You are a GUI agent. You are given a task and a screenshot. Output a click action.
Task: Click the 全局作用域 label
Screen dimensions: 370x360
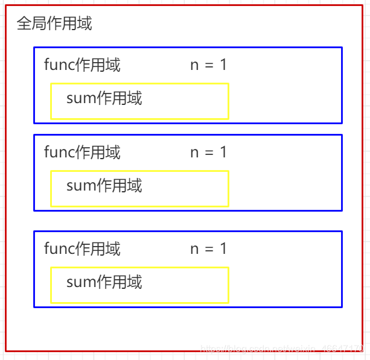[54, 24]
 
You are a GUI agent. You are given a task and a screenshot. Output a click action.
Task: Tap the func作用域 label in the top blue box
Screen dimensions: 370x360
[82, 65]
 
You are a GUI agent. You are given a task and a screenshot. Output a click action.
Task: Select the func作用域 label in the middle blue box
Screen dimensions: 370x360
[82, 152]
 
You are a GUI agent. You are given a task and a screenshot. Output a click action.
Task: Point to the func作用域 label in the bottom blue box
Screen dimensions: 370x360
[82, 248]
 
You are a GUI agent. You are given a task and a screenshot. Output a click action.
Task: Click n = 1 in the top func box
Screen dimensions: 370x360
[208, 65]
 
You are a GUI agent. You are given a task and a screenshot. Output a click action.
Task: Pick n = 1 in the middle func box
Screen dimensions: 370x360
[208, 152]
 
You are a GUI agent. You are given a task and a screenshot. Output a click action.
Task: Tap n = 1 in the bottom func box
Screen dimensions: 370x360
[208, 248]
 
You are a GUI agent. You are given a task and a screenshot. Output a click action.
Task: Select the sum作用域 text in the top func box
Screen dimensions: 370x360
[104, 98]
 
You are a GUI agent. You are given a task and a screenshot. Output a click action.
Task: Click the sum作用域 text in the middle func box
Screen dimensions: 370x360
[104, 185]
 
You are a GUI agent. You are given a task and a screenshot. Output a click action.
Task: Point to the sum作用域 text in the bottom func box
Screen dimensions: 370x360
[104, 282]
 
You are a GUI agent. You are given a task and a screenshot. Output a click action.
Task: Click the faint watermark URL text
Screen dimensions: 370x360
[281, 348]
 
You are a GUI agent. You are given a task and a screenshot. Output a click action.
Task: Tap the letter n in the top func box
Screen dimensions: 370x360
[194, 65]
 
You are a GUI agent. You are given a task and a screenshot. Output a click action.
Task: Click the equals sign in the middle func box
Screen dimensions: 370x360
[209, 153]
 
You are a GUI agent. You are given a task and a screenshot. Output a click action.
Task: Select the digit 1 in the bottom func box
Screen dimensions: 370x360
[223, 248]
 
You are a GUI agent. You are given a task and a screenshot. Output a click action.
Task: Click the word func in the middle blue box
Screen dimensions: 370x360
[60, 152]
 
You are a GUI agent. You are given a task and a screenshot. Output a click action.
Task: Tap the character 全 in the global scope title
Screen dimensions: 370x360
[23, 24]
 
